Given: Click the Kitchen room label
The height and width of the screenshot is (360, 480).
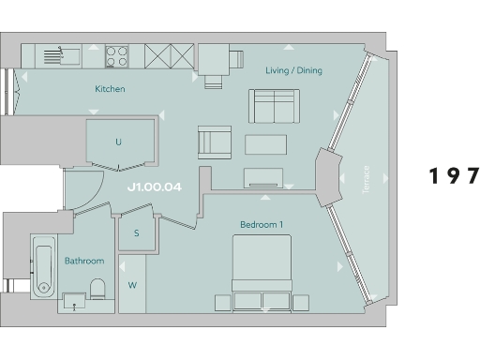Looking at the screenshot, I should (110, 89).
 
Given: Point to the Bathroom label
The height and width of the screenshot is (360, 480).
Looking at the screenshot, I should (83, 261).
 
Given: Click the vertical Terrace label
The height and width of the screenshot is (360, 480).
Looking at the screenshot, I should (367, 179).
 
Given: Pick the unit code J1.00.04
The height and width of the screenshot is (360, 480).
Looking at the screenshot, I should (154, 187).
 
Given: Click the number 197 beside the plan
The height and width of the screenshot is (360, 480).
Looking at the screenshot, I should (454, 176).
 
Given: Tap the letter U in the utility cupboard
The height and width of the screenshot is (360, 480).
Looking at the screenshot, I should (118, 142).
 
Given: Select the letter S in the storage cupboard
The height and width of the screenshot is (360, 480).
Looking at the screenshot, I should (136, 232).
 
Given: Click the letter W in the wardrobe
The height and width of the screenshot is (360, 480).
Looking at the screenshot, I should (132, 284).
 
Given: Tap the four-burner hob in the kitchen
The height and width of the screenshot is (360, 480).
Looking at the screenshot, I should (117, 55).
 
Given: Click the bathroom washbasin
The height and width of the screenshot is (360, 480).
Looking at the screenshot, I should (73, 301).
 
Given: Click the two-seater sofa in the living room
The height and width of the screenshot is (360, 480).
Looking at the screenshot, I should (274, 106).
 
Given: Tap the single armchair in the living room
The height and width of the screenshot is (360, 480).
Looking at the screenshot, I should (214, 143).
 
